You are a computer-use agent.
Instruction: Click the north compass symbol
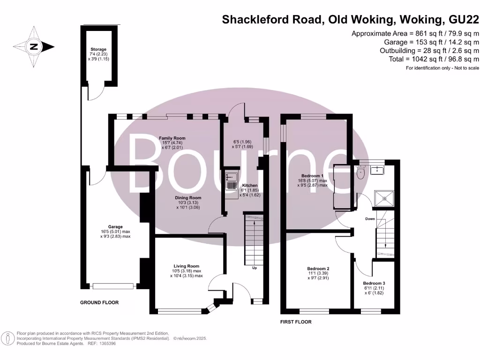[x=33, y=46]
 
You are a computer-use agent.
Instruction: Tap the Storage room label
[x=98, y=49]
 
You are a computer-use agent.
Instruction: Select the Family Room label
[x=172, y=138]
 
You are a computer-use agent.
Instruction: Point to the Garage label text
[x=115, y=227]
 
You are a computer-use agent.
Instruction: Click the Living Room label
[x=186, y=266]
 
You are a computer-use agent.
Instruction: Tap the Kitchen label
[x=249, y=186]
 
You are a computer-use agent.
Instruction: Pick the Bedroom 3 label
[x=374, y=284]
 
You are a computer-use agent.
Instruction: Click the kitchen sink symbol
[x=231, y=177]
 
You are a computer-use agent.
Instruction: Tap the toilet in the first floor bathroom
[x=360, y=174]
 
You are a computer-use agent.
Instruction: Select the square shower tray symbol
[x=384, y=199]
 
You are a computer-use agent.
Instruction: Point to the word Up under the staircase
[x=255, y=268]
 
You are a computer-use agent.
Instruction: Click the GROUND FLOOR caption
[x=99, y=303]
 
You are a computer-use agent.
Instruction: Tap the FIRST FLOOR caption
[x=296, y=322]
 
